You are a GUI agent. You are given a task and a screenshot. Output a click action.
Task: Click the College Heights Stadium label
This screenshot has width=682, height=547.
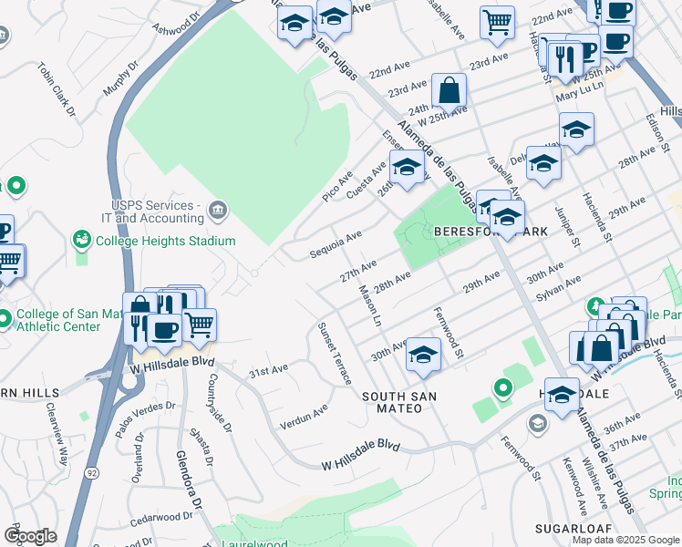tap(165, 241)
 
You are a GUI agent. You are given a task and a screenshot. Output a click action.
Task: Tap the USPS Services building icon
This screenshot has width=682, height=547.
tap(217, 212)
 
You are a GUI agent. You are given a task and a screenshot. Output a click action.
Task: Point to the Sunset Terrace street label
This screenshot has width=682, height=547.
tap(335, 354)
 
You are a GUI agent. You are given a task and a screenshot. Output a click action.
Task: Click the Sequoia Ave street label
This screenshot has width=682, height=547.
tap(336, 243)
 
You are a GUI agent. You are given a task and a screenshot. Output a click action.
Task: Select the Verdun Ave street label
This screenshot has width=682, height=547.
tap(304, 414)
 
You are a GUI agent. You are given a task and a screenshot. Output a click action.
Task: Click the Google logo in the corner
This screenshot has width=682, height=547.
tap(30, 536)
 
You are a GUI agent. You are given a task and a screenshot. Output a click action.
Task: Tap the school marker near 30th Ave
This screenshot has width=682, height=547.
tap(423, 354)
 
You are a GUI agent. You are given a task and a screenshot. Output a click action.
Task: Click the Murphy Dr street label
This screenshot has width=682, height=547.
tap(121, 79)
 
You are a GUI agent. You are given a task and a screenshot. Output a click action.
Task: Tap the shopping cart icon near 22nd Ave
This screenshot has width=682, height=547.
tap(497, 22)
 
